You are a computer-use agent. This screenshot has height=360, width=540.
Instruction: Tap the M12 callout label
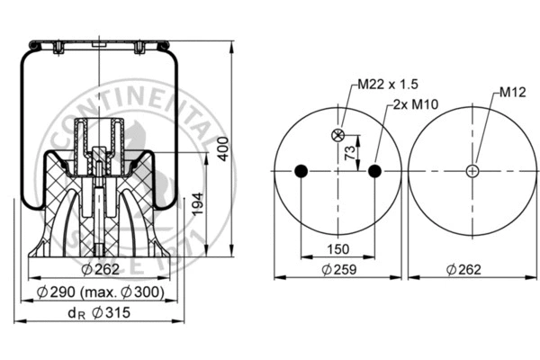(x=512, y=92)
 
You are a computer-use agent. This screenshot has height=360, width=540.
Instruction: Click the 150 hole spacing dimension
(x=337, y=247)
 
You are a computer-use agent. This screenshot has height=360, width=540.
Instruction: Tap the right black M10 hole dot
(x=375, y=171)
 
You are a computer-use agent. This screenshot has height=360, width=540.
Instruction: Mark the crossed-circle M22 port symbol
(x=339, y=136)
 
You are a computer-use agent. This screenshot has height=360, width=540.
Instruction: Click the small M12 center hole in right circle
(x=472, y=171)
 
